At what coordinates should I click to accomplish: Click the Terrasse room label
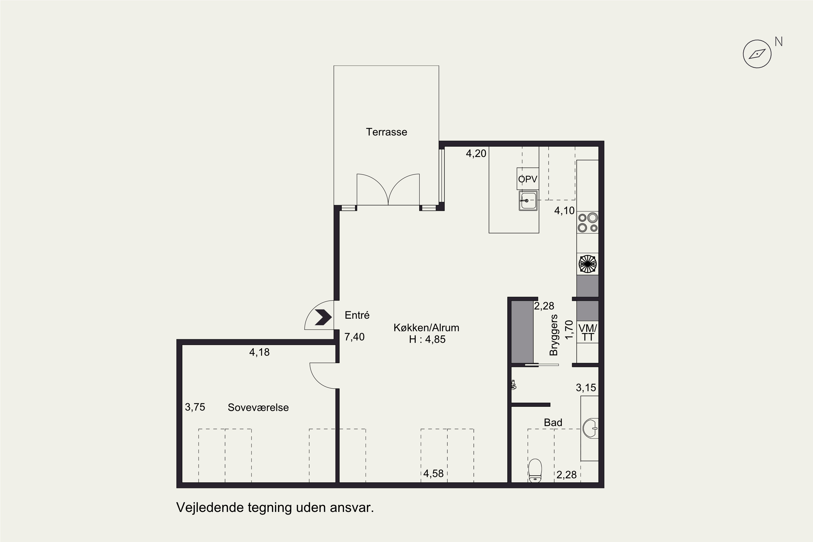click(386, 132)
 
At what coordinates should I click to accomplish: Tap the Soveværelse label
click(258, 408)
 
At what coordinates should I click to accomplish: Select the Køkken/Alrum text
click(426, 328)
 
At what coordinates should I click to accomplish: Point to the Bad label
click(553, 422)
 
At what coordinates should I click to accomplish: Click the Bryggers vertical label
click(554, 335)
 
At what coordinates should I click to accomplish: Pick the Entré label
click(357, 315)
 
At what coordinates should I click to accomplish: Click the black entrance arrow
click(323, 317)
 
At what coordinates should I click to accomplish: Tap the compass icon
click(757, 54)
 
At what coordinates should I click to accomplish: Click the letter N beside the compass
click(778, 42)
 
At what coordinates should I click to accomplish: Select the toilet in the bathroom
click(535, 470)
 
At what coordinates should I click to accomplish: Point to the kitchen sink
click(528, 201)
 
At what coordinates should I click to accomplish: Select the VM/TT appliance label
click(588, 333)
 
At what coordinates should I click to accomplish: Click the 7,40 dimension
click(354, 337)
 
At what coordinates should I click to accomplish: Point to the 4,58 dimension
click(433, 473)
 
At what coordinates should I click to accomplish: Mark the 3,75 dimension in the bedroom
click(195, 407)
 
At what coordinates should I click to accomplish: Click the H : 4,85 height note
click(427, 340)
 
